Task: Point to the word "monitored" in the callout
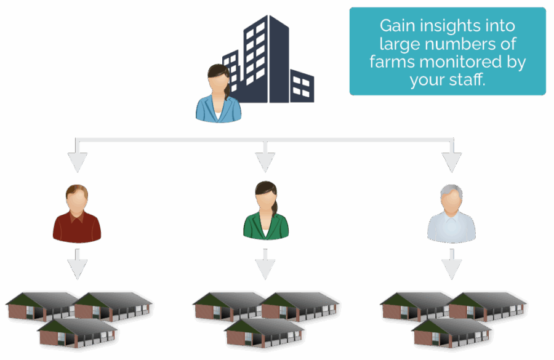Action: (457, 62)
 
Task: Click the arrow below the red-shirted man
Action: (77, 265)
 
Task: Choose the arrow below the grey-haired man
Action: (452, 265)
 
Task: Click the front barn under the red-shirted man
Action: (77, 332)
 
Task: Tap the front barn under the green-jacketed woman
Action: (264, 332)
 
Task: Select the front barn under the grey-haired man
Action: (451, 332)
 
